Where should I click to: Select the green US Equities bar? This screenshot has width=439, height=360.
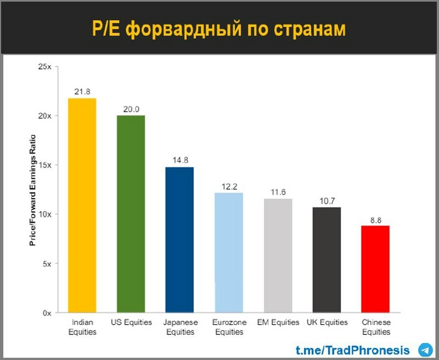tap(130, 214)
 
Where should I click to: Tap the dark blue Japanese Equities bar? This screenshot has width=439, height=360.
tap(179, 240)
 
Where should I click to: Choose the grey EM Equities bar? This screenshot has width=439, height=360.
tap(278, 255)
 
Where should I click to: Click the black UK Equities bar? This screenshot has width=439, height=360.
tap(327, 260)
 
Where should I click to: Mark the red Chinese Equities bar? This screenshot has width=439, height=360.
tap(376, 269)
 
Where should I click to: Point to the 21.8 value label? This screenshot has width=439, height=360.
tap(82, 92)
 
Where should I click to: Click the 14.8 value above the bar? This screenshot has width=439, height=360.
tap(179, 161)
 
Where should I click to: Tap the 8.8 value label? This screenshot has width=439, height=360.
tap(376, 219)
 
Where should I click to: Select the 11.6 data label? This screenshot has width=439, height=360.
tap(278, 192)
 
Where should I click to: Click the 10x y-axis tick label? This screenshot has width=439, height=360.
tap(45, 214)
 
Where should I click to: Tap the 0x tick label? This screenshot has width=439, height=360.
tap(48, 312)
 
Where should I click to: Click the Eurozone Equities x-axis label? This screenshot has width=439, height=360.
tap(228, 327)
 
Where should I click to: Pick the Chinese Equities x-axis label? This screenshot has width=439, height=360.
tap(376, 327)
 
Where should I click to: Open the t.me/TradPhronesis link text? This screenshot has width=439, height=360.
tap(353, 350)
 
